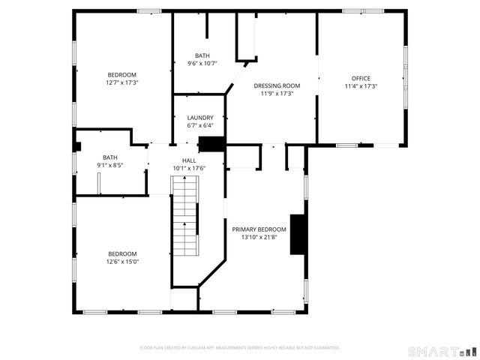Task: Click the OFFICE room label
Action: coord(360,78)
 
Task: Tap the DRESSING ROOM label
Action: coord(276,85)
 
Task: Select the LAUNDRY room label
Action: coord(200,118)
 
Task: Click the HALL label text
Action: coord(189,160)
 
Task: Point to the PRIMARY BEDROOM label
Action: coord(259,229)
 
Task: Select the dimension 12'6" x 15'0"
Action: coord(121,261)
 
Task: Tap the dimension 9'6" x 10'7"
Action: coord(202,63)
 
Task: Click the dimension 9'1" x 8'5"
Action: coord(110,165)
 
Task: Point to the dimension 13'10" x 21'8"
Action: coord(259,237)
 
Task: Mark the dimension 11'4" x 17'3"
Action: coord(360,86)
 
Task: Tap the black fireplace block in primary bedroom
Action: coord(298,235)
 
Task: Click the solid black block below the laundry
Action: coord(211,145)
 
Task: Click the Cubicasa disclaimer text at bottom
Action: coord(240,348)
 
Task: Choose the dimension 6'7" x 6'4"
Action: coord(200,125)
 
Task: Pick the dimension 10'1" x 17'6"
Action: coord(189,168)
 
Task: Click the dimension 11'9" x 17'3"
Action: coord(276,94)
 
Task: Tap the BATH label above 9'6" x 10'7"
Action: coord(202,55)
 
